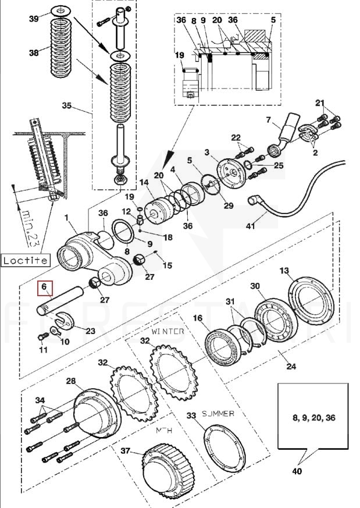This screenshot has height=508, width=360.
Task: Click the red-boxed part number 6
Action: (44, 286)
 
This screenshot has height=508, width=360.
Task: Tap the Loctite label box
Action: (25, 260)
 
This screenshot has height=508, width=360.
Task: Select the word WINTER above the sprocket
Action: (167, 332)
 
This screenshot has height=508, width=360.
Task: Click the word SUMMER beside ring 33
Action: (218, 414)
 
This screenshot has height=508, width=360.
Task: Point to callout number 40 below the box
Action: (297, 471)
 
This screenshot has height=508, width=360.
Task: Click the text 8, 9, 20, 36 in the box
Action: (314, 418)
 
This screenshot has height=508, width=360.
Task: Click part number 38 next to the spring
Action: (34, 52)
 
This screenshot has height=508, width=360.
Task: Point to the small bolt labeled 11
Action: (42, 337)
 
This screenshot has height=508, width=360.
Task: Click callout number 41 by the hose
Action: (251, 226)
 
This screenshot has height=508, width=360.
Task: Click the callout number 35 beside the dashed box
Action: (66, 106)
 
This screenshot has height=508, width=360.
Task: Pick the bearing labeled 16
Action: (224, 347)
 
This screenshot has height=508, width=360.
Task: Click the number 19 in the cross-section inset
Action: (179, 55)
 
